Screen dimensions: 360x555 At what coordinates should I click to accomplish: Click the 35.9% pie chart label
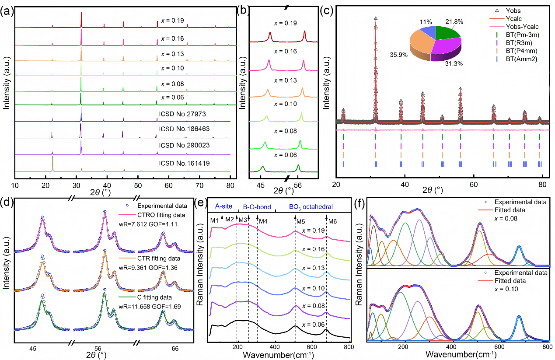tap(398, 56)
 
